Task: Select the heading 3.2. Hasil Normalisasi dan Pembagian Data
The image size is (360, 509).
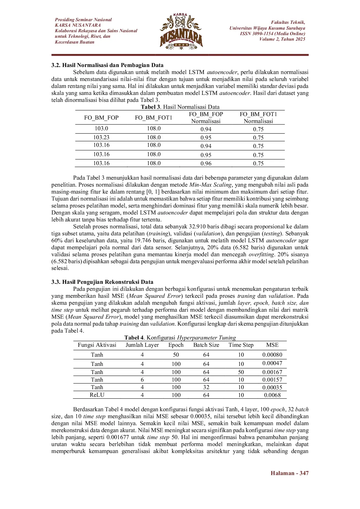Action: tap(107, 65)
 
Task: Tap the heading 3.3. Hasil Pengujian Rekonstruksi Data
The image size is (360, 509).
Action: tap(102, 282)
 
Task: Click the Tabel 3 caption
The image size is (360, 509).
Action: tap(180, 107)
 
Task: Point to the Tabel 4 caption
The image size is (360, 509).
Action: tap(180, 338)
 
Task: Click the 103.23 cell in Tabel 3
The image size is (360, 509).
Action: tap(101, 138)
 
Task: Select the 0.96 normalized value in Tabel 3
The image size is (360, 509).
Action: tap(206, 164)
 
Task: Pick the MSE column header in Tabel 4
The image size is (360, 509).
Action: tap(272, 345)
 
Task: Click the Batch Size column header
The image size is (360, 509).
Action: tap(206, 345)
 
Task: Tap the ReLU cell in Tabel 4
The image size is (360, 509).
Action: tap(97, 395)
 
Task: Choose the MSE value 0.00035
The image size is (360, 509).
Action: tap(272, 387)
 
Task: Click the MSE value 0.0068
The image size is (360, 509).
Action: tap(272, 395)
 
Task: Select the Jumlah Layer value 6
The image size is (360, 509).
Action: tap(142, 380)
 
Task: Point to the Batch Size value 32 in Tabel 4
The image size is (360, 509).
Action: tap(206, 387)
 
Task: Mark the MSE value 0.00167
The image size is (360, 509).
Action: tap(272, 372)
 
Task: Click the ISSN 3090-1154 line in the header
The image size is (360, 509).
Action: tap(272, 34)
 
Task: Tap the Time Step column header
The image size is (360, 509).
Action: tap(241, 345)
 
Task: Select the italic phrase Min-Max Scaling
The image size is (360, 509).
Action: tap(210, 185)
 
